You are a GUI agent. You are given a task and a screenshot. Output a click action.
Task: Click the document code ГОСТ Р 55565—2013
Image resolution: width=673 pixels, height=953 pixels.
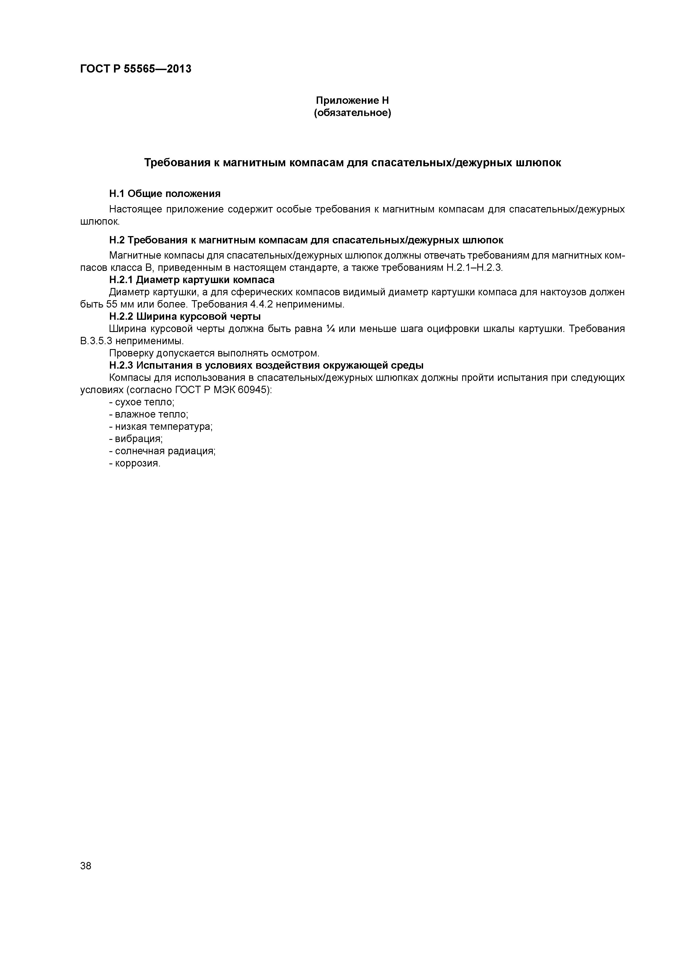(136, 69)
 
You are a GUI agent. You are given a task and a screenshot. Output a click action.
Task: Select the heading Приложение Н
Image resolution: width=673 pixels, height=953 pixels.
(352, 101)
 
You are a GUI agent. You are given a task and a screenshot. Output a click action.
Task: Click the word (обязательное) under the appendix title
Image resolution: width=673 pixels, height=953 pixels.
(352, 113)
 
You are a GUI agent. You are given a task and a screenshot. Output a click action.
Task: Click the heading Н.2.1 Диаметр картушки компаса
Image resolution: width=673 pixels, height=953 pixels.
(192, 280)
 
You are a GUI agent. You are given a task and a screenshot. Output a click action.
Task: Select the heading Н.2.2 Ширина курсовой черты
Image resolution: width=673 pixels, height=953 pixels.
(185, 317)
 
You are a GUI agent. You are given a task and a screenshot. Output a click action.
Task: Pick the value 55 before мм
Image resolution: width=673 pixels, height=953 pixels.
(112, 304)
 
